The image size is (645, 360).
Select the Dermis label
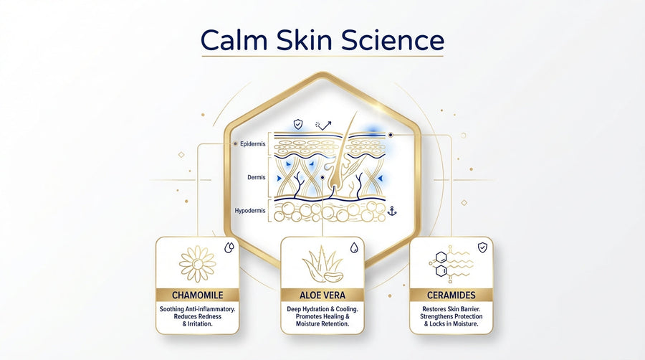click(256, 177)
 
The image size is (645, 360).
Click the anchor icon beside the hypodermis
click(391, 211)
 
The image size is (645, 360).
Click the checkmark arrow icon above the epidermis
click(324, 125)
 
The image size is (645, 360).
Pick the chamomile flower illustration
click(197, 263)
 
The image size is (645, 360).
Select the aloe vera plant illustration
click(321, 265)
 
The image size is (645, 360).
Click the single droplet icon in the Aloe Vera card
click(353, 247)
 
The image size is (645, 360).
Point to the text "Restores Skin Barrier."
click(451, 309)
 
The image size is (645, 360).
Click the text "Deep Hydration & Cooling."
click(322, 309)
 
